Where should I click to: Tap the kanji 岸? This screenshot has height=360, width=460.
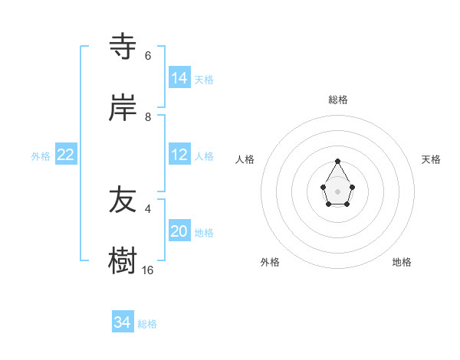tap(123, 109)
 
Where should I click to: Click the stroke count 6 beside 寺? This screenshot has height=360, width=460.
tap(147, 56)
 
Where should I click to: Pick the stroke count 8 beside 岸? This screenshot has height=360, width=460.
tap(147, 117)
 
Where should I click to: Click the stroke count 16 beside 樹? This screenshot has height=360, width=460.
tap(147, 270)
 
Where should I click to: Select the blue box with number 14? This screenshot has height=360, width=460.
tap(179, 78)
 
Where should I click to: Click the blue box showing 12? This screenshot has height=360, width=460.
tap(179, 155)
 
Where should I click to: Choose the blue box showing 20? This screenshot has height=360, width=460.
tap(179, 231)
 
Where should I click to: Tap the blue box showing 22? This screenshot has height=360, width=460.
tap(66, 155)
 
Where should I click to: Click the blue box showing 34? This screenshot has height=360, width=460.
tap(123, 322)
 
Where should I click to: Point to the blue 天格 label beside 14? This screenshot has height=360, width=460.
tap(204, 80)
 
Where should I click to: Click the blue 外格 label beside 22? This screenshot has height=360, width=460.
tap(41, 156)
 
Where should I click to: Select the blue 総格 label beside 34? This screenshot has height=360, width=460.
tap(147, 324)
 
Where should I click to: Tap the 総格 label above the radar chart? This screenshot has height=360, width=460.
tap(338, 100)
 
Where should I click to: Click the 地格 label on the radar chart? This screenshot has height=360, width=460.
tap(402, 262)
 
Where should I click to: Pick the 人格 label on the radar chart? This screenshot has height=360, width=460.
tap(245, 159)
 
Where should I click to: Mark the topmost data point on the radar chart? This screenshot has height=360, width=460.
tap(338, 161)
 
